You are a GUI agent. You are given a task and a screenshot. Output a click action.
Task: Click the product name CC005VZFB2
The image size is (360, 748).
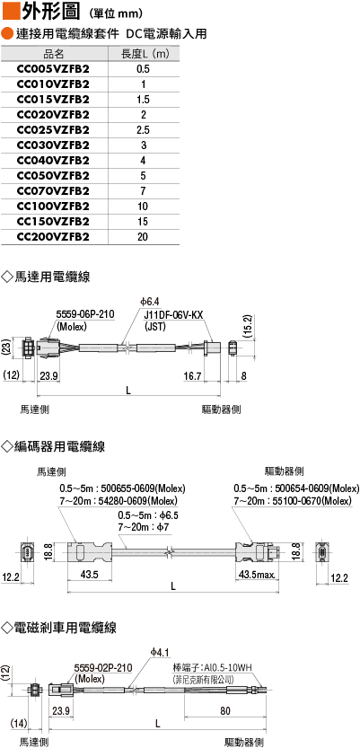click(53, 69)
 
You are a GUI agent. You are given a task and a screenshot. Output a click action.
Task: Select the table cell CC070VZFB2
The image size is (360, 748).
click(53, 191)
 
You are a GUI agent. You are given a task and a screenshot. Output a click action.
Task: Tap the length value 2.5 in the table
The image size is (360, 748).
click(143, 130)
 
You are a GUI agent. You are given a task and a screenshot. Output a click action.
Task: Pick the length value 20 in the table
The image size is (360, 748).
click(143, 237)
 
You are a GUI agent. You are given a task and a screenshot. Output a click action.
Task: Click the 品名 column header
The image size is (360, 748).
click(53, 54)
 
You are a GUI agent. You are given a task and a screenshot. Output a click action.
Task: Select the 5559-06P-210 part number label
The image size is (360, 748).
click(85, 314)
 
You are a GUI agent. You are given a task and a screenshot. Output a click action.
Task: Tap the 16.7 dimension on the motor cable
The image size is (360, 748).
click(192, 376)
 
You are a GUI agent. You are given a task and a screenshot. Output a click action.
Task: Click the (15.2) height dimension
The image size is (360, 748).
click(247, 327)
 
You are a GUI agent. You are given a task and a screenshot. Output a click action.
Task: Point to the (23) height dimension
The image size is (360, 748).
click(5, 346)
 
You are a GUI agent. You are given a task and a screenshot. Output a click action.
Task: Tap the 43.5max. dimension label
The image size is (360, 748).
click(257, 575)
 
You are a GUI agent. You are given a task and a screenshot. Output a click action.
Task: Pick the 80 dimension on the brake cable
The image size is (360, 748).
click(225, 711)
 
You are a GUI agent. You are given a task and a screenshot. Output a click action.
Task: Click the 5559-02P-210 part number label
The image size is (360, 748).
click(103, 668)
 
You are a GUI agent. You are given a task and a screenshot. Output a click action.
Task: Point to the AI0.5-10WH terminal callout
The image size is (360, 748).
click(226, 667)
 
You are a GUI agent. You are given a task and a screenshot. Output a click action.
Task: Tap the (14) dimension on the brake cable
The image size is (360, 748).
click(18, 724)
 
